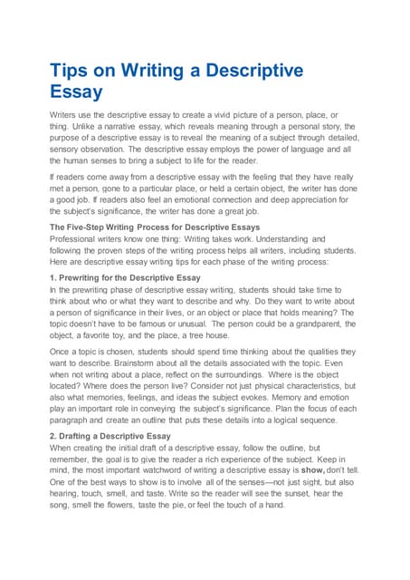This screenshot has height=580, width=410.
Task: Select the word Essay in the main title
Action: click(x=76, y=92)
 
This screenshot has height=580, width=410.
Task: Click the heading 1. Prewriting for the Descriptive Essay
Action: click(x=125, y=276)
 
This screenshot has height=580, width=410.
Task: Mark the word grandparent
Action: click(x=320, y=324)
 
